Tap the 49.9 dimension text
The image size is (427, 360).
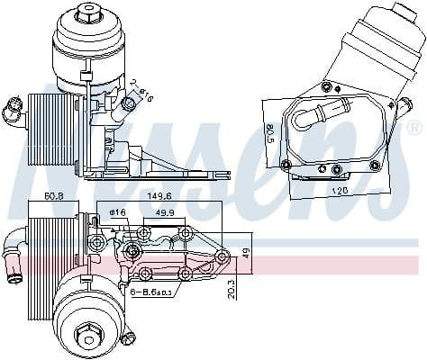point(165,213)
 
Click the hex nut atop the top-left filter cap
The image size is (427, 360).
point(88,12)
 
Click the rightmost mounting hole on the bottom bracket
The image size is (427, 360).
point(223,256)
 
